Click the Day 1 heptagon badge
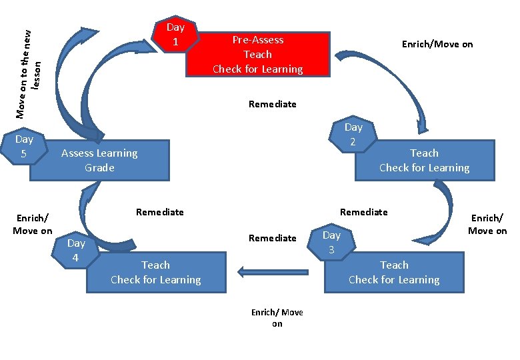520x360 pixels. click(175, 35)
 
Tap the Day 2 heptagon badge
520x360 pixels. click(353, 135)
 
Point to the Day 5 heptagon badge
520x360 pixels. click(24, 147)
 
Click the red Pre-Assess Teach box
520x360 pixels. click(258, 54)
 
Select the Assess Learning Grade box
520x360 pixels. click(100, 161)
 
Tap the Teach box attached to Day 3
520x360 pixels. click(393, 273)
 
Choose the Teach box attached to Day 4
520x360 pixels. click(155, 273)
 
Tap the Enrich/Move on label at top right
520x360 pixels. click(437, 44)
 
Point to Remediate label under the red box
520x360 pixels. click(272, 104)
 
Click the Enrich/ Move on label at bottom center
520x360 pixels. click(277, 318)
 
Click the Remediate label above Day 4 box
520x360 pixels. click(159, 212)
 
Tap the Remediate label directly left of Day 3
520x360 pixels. click(272, 237)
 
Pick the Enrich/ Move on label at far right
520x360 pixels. click(487, 224)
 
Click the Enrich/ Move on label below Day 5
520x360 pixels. click(32, 224)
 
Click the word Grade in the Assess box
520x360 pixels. click(99, 168)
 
